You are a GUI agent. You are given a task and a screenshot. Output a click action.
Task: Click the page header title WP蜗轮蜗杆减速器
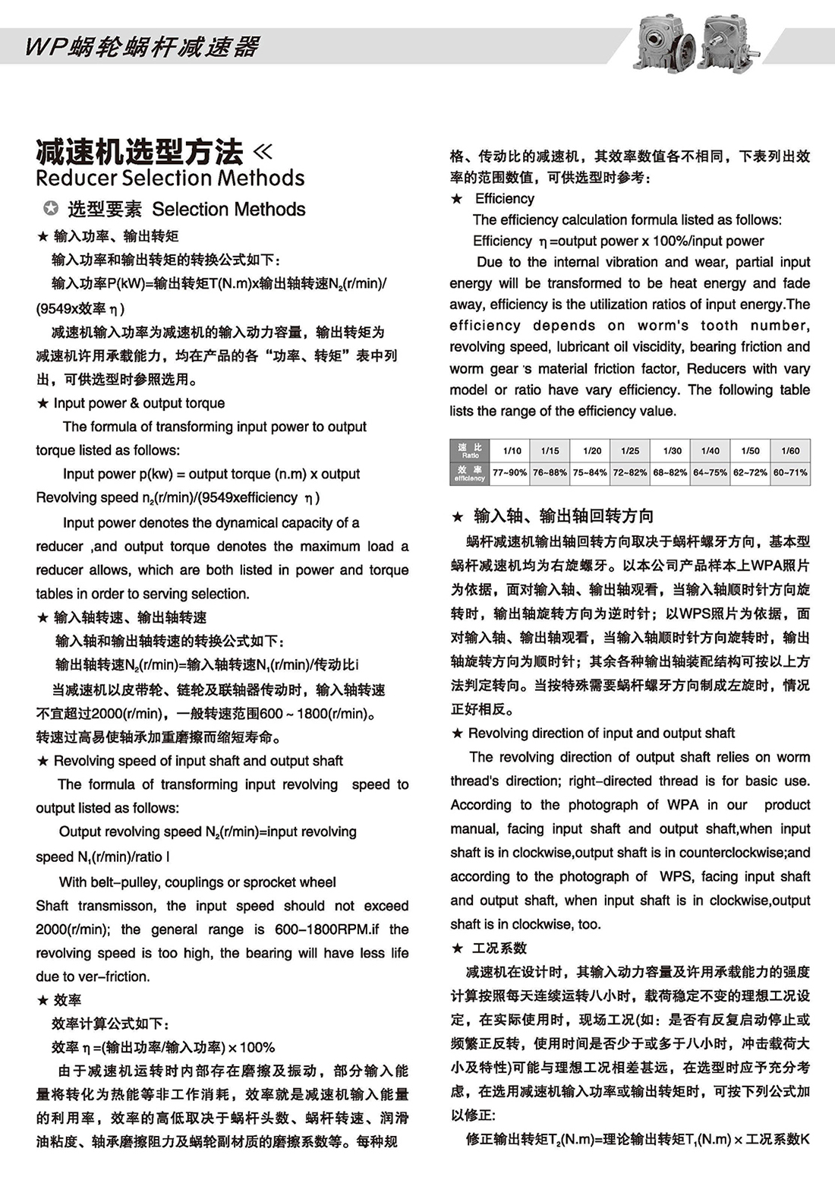click(x=143, y=47)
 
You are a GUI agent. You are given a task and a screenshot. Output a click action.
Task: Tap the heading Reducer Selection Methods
click(x=170, y=178)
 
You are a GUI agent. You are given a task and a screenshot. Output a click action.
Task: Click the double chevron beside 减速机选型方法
click(x=262, y=151)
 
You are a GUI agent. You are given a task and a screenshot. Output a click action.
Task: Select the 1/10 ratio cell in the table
click(x=512, y=450)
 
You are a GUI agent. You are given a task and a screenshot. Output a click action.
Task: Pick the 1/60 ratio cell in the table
click(x=790, y=450)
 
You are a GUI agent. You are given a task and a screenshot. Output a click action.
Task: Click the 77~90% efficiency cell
click(x=509, y=472)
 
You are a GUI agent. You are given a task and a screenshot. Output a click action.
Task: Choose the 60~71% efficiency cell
click(x=790, y=472)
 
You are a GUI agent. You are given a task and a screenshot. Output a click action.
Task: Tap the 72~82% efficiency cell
click(x=630, y=472)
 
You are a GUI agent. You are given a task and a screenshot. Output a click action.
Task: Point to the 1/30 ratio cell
click(x=672, y=450)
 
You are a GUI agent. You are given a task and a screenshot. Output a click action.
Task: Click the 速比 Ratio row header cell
click(x=470, y=450)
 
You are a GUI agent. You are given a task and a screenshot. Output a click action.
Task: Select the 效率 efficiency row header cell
click(x=470, y=473)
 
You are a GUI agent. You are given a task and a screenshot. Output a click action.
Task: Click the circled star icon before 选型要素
click(x=50, y=209)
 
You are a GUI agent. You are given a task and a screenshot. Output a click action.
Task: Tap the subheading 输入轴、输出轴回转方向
click(x=563, y=516)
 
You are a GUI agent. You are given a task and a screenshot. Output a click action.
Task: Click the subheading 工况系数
click(x=499, y=948)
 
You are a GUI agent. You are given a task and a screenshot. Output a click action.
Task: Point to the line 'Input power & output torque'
click(x=139, y=403)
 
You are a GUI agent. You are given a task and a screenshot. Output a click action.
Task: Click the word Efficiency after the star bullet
click(x=504, y=199)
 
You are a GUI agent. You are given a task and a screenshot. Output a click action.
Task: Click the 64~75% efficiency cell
click(x=710, y=472)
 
